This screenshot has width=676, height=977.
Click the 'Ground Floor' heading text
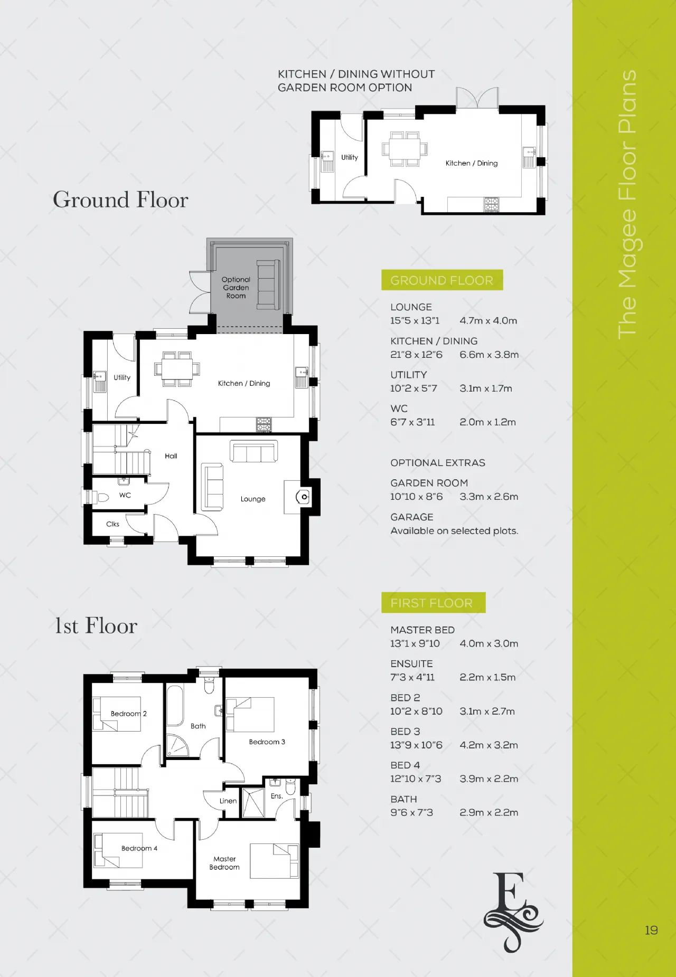click(x=120, y=200)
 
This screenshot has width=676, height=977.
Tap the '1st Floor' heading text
click(x=96, y=626)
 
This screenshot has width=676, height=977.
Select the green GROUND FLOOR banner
click(x=442, y=280)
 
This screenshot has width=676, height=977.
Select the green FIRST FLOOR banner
click(x=433, y=603)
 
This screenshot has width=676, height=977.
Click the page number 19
click(x=651, y=930)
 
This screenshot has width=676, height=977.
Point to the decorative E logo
click(x=513, y=912)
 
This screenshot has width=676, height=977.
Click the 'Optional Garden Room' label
click(x=236, y=288)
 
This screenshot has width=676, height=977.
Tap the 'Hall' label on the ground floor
click(x=171, y=456)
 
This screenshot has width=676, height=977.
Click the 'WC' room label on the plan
click(x=125, y=495)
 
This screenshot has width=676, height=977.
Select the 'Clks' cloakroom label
click(x=112, y=524)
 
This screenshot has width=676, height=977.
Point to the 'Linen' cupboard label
click(x=228, y=801)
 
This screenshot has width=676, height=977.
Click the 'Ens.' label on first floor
click(x=277, y=796)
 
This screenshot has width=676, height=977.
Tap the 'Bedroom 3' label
click(x=267, y=742)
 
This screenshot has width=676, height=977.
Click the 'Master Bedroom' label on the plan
click(x=224, y=863)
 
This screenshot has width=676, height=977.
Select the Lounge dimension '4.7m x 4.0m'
click(x=489, y=320)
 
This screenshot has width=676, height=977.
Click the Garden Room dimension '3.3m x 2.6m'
click(x=489, y=497)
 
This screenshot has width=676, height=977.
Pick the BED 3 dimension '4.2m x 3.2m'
click(x=489, y=745)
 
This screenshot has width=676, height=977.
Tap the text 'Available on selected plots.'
click(x=454, y=531)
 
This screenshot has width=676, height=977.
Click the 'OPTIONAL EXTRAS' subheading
click(x=438, y=463)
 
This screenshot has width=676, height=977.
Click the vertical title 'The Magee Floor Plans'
click(x=627, y=204)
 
